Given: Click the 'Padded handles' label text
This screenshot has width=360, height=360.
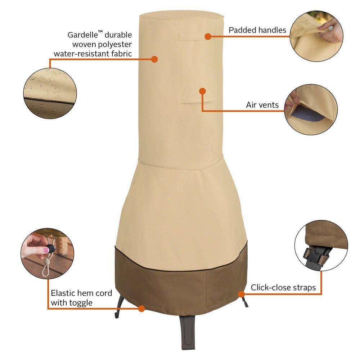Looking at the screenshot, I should (x=257, y=30).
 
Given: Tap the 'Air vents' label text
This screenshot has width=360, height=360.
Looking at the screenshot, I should (x=262, y=105).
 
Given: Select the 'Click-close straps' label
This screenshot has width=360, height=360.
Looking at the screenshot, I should (x=283, y=287).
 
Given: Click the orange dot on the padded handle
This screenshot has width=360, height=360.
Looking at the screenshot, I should (x=208, y=36).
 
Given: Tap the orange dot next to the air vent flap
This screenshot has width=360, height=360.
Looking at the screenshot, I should (x=202, y=91).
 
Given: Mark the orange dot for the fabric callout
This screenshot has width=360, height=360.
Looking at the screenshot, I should (x=154, y=59).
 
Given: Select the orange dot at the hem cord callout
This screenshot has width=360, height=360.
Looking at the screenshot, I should (x=141, y=308).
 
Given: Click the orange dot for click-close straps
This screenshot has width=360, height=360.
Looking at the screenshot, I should (x=241, y=294).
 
